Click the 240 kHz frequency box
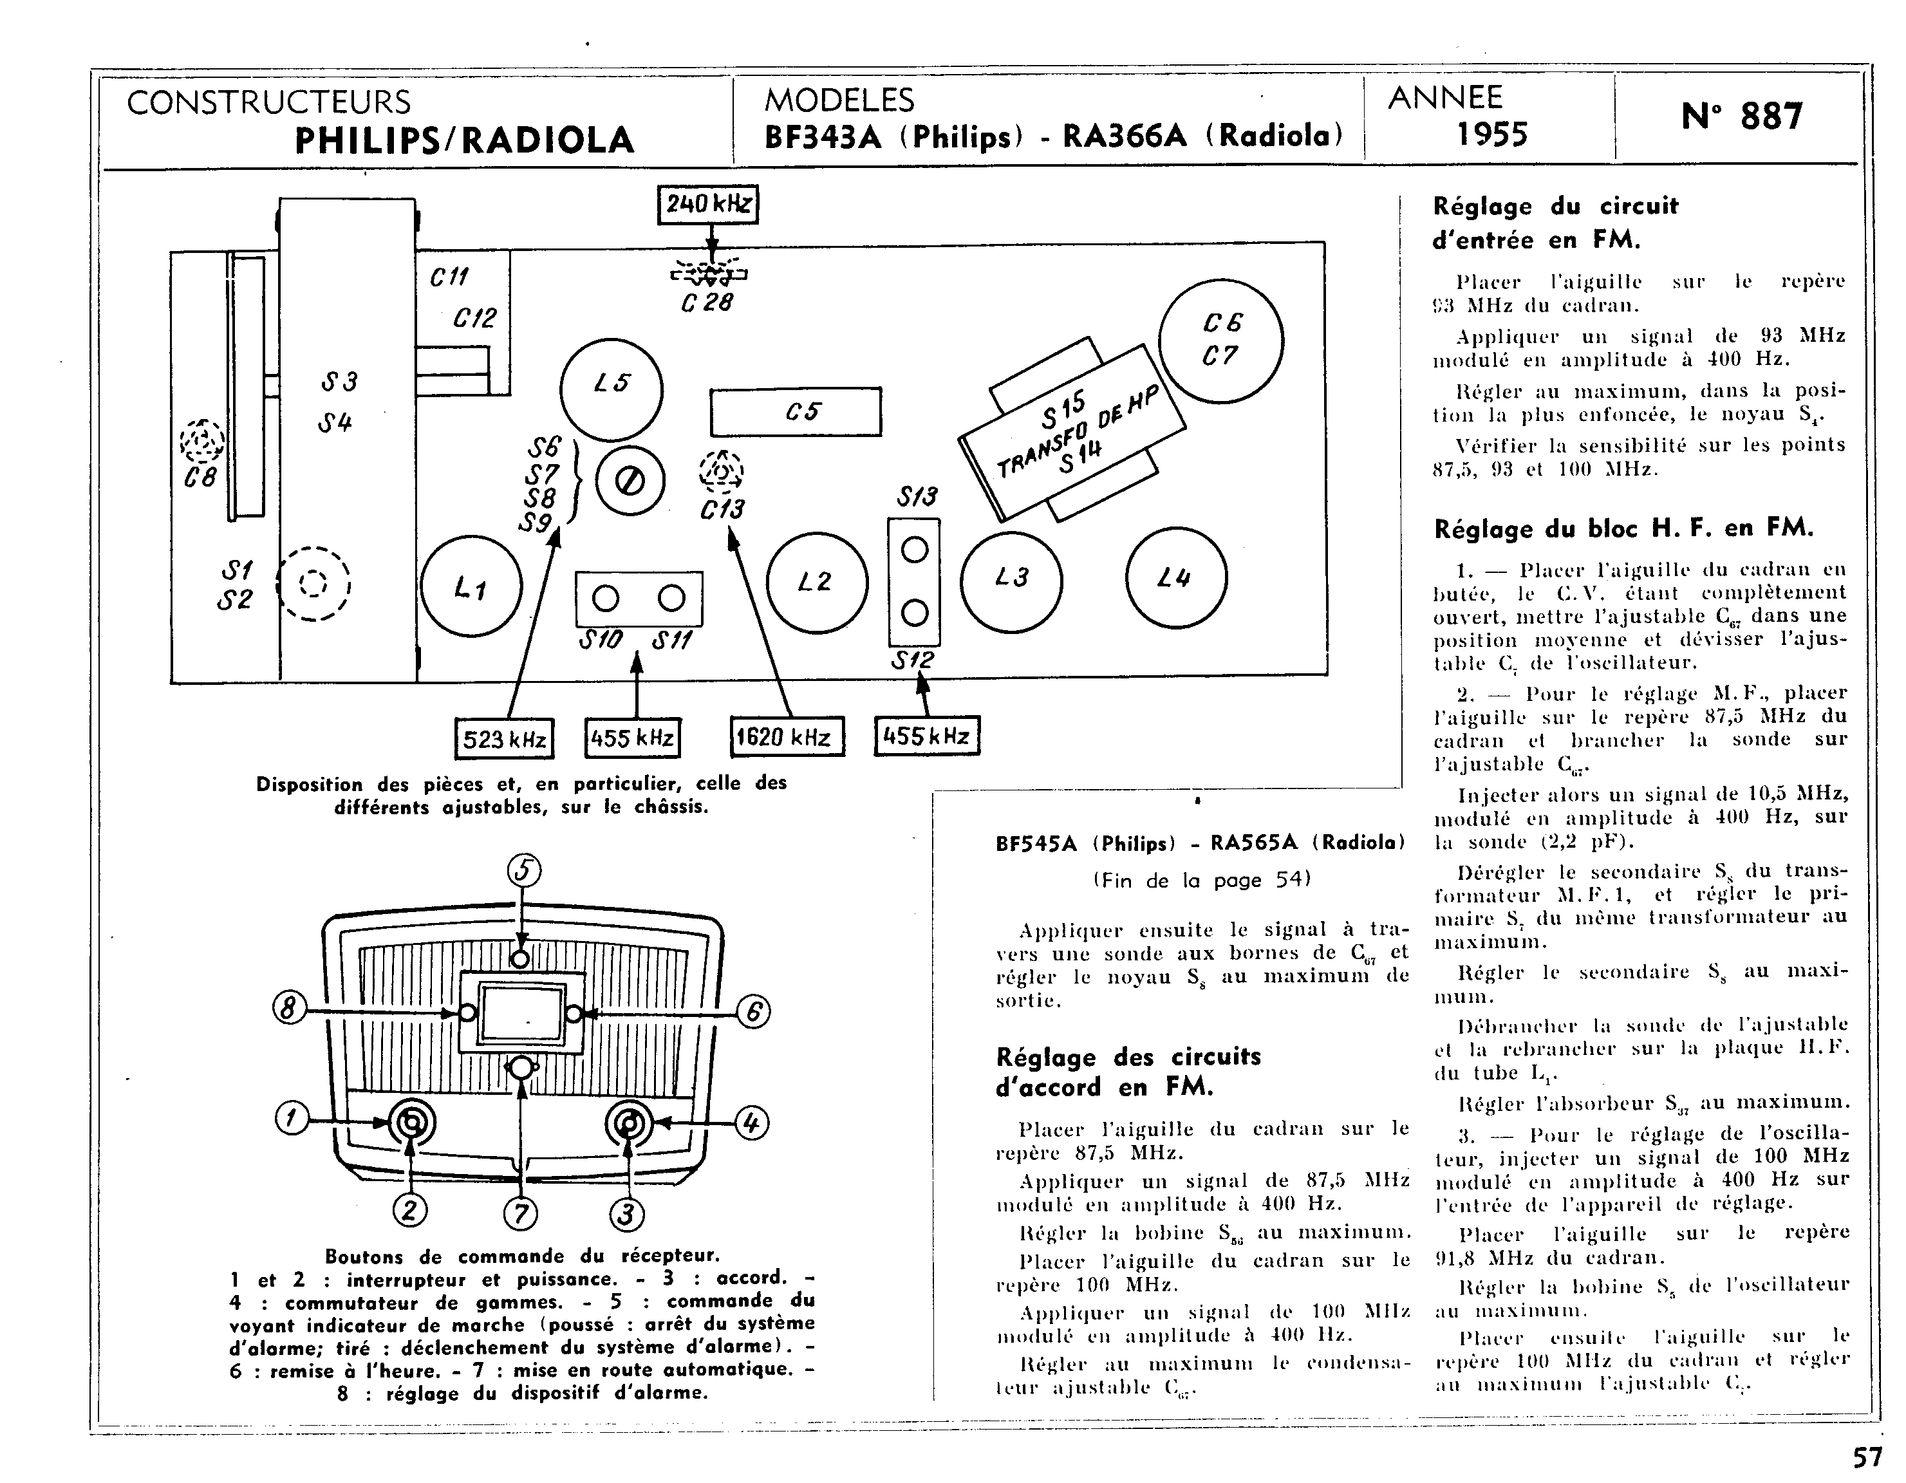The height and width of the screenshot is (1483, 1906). pyautogui.click(x=708, y=204)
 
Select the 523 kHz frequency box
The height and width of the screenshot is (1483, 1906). pyautogui.click(x=505, y=738)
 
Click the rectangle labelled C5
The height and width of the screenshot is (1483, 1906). pyautogui.click(x=795, y=412)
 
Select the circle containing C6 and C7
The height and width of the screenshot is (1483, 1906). pyautogui.click(x=1221, y=340)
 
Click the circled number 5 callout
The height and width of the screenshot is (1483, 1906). pyautogui.click(x=523, y=870)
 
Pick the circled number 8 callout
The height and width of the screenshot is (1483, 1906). pyautogui.click(x=290, y=1008)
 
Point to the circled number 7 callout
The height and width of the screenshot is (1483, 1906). pyautogui.click(x=520, y=1214)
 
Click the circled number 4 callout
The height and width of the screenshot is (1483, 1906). pyautogui.click(x=752, y=1123)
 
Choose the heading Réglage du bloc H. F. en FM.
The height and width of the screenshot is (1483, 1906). pyautogui.click(x=1623, y=528)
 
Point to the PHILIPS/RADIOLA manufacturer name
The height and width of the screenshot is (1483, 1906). pyautogui.click(x=464, y=140)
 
